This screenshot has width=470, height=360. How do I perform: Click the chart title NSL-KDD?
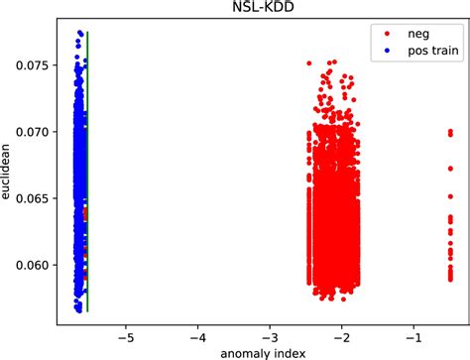tap(260, 9)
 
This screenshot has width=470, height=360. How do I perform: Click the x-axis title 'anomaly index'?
tap(260, 351)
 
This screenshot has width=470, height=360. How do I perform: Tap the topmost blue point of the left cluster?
tap(79, 33)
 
